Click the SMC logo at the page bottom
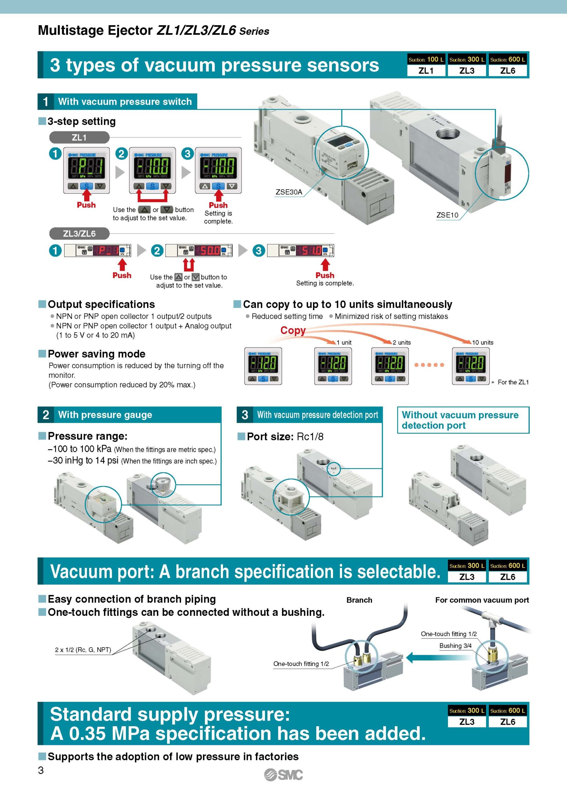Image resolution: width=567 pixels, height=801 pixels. point(283,775)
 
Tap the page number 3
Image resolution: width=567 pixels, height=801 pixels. point(41,770)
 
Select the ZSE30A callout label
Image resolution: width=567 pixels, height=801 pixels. point(289,192)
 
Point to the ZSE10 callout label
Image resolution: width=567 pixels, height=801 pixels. point(447,215)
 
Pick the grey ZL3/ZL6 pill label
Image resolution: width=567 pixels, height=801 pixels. point(79,233)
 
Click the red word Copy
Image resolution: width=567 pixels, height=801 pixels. point(293,330)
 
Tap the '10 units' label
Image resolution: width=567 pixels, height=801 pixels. point(482,342)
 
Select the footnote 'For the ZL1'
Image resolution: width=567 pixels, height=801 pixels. point(513,382)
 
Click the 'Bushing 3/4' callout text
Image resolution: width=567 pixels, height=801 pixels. point(455,646)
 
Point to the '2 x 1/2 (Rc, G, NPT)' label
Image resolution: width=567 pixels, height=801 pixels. point(83,650)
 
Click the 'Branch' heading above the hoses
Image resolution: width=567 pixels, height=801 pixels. point(359,600)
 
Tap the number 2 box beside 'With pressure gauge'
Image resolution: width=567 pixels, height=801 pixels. point(46,415)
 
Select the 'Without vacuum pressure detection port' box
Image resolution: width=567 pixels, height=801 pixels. point(463,420)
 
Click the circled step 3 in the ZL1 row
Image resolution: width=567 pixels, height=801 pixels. point(188,154)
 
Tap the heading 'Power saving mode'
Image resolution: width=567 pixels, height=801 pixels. point(96,354)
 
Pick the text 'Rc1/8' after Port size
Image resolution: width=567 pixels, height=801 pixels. point(310,436)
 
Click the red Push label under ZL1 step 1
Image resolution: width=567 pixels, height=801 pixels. point(86,205)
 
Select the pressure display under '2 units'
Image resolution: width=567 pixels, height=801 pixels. point(390,366)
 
